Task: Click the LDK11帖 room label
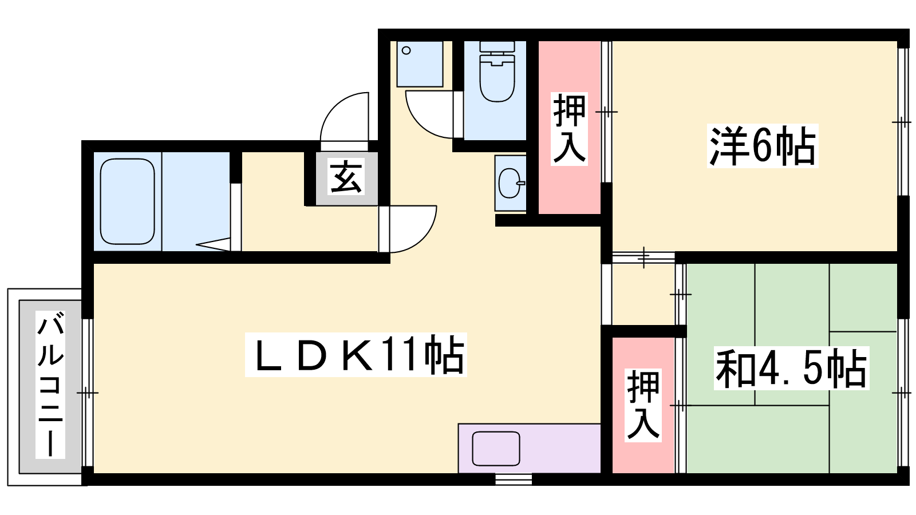[x=356, y=355]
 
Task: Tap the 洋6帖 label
[x=763, y=145]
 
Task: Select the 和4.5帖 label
[x=791, y=368]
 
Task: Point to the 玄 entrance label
[x=346, y=178]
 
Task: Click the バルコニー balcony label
[x=50, y=384]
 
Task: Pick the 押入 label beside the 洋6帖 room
[x=569, y=129]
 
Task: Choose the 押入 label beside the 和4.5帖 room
[x=643, y=405]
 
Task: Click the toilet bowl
[x=497, y=78]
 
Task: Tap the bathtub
[x=127, y=201]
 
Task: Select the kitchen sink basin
[x=496, y=449]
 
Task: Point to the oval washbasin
[x=511, y=183]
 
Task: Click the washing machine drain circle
[x=406, y=51]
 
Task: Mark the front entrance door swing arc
[x=344, y=117]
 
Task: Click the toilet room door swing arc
[x=429, y=114]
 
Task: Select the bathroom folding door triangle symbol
[x=214, y=244]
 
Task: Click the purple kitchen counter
[x=529, y=449]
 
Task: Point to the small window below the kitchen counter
[x=514, y=479]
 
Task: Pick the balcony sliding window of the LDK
[x=88, y=393]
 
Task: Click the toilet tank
[x=497, y=47]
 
